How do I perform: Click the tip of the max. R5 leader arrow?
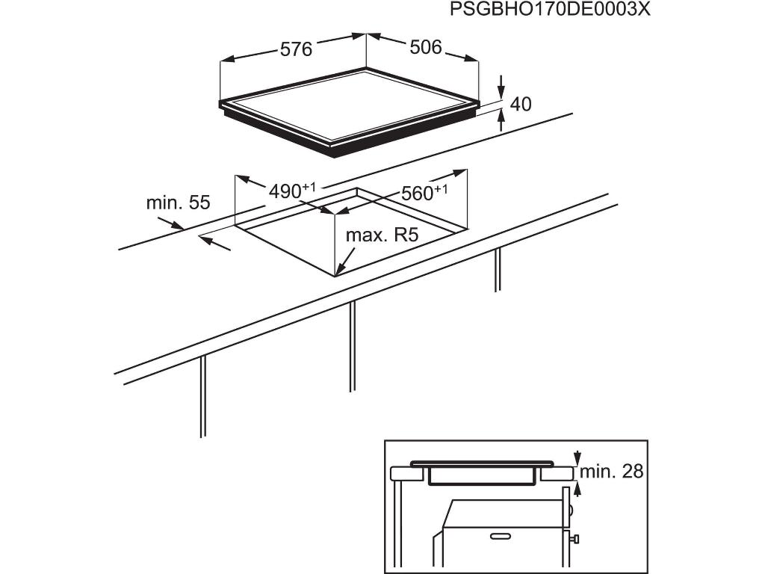tap(336, 275)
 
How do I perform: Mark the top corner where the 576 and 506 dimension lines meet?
tap(366, 34)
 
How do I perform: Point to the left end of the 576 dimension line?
tap(221, 61)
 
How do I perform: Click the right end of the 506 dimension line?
tap(479, 61)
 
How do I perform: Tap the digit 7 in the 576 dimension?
tap(296, 49)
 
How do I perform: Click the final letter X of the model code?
tap(644, 9)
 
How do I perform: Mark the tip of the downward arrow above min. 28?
tap(577, 464)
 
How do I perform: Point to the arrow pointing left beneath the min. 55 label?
tap(214, 243)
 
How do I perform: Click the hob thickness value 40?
tap(521, 104)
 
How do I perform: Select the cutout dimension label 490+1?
tap(293, 191)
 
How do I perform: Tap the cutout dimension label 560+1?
tap(424, 193)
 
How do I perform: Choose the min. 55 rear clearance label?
tap(178, 202)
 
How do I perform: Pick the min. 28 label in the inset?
tap(611, 472)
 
